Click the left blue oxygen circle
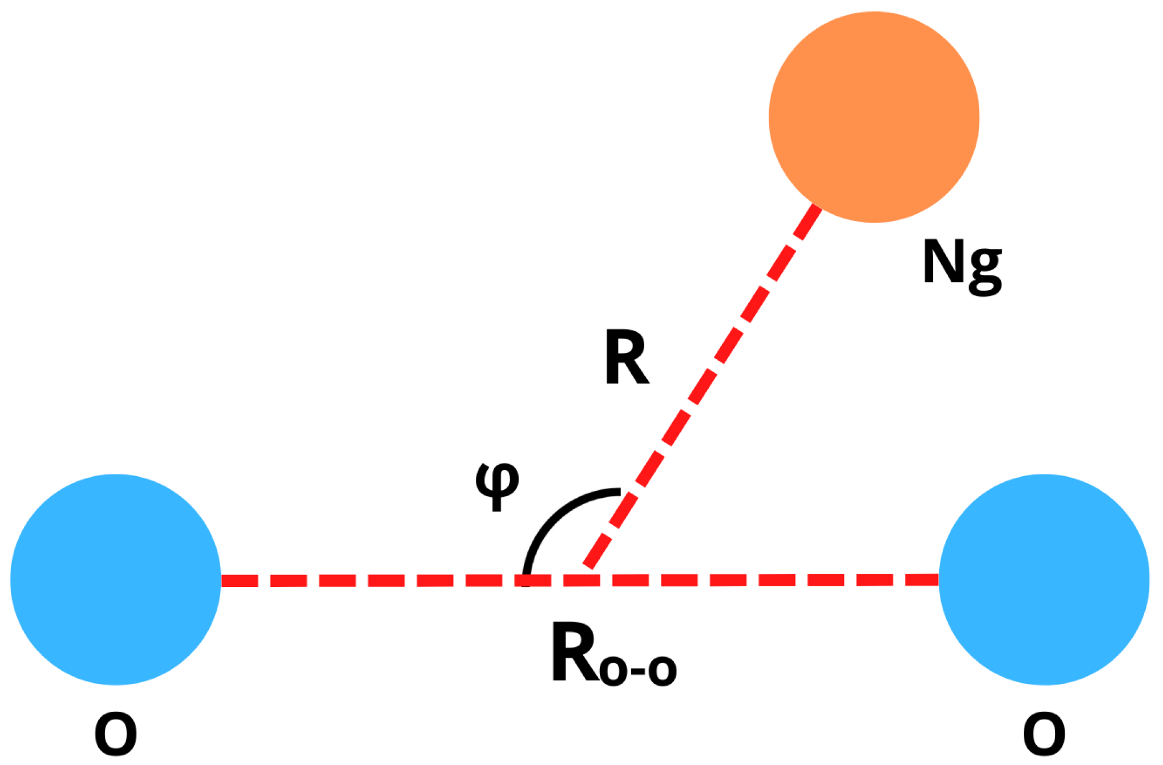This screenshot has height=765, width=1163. [x=116, y=579]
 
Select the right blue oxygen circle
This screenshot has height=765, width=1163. [x=1044, y=579]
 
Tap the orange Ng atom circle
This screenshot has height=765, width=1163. [x=874, y=117]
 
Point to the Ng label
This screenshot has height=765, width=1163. [x=962, y=266]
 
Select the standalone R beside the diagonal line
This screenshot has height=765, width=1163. [x=626, y=359]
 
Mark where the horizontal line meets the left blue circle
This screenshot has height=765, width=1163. [x=222, y=581]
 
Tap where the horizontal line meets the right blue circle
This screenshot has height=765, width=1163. [x=939, y=580]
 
